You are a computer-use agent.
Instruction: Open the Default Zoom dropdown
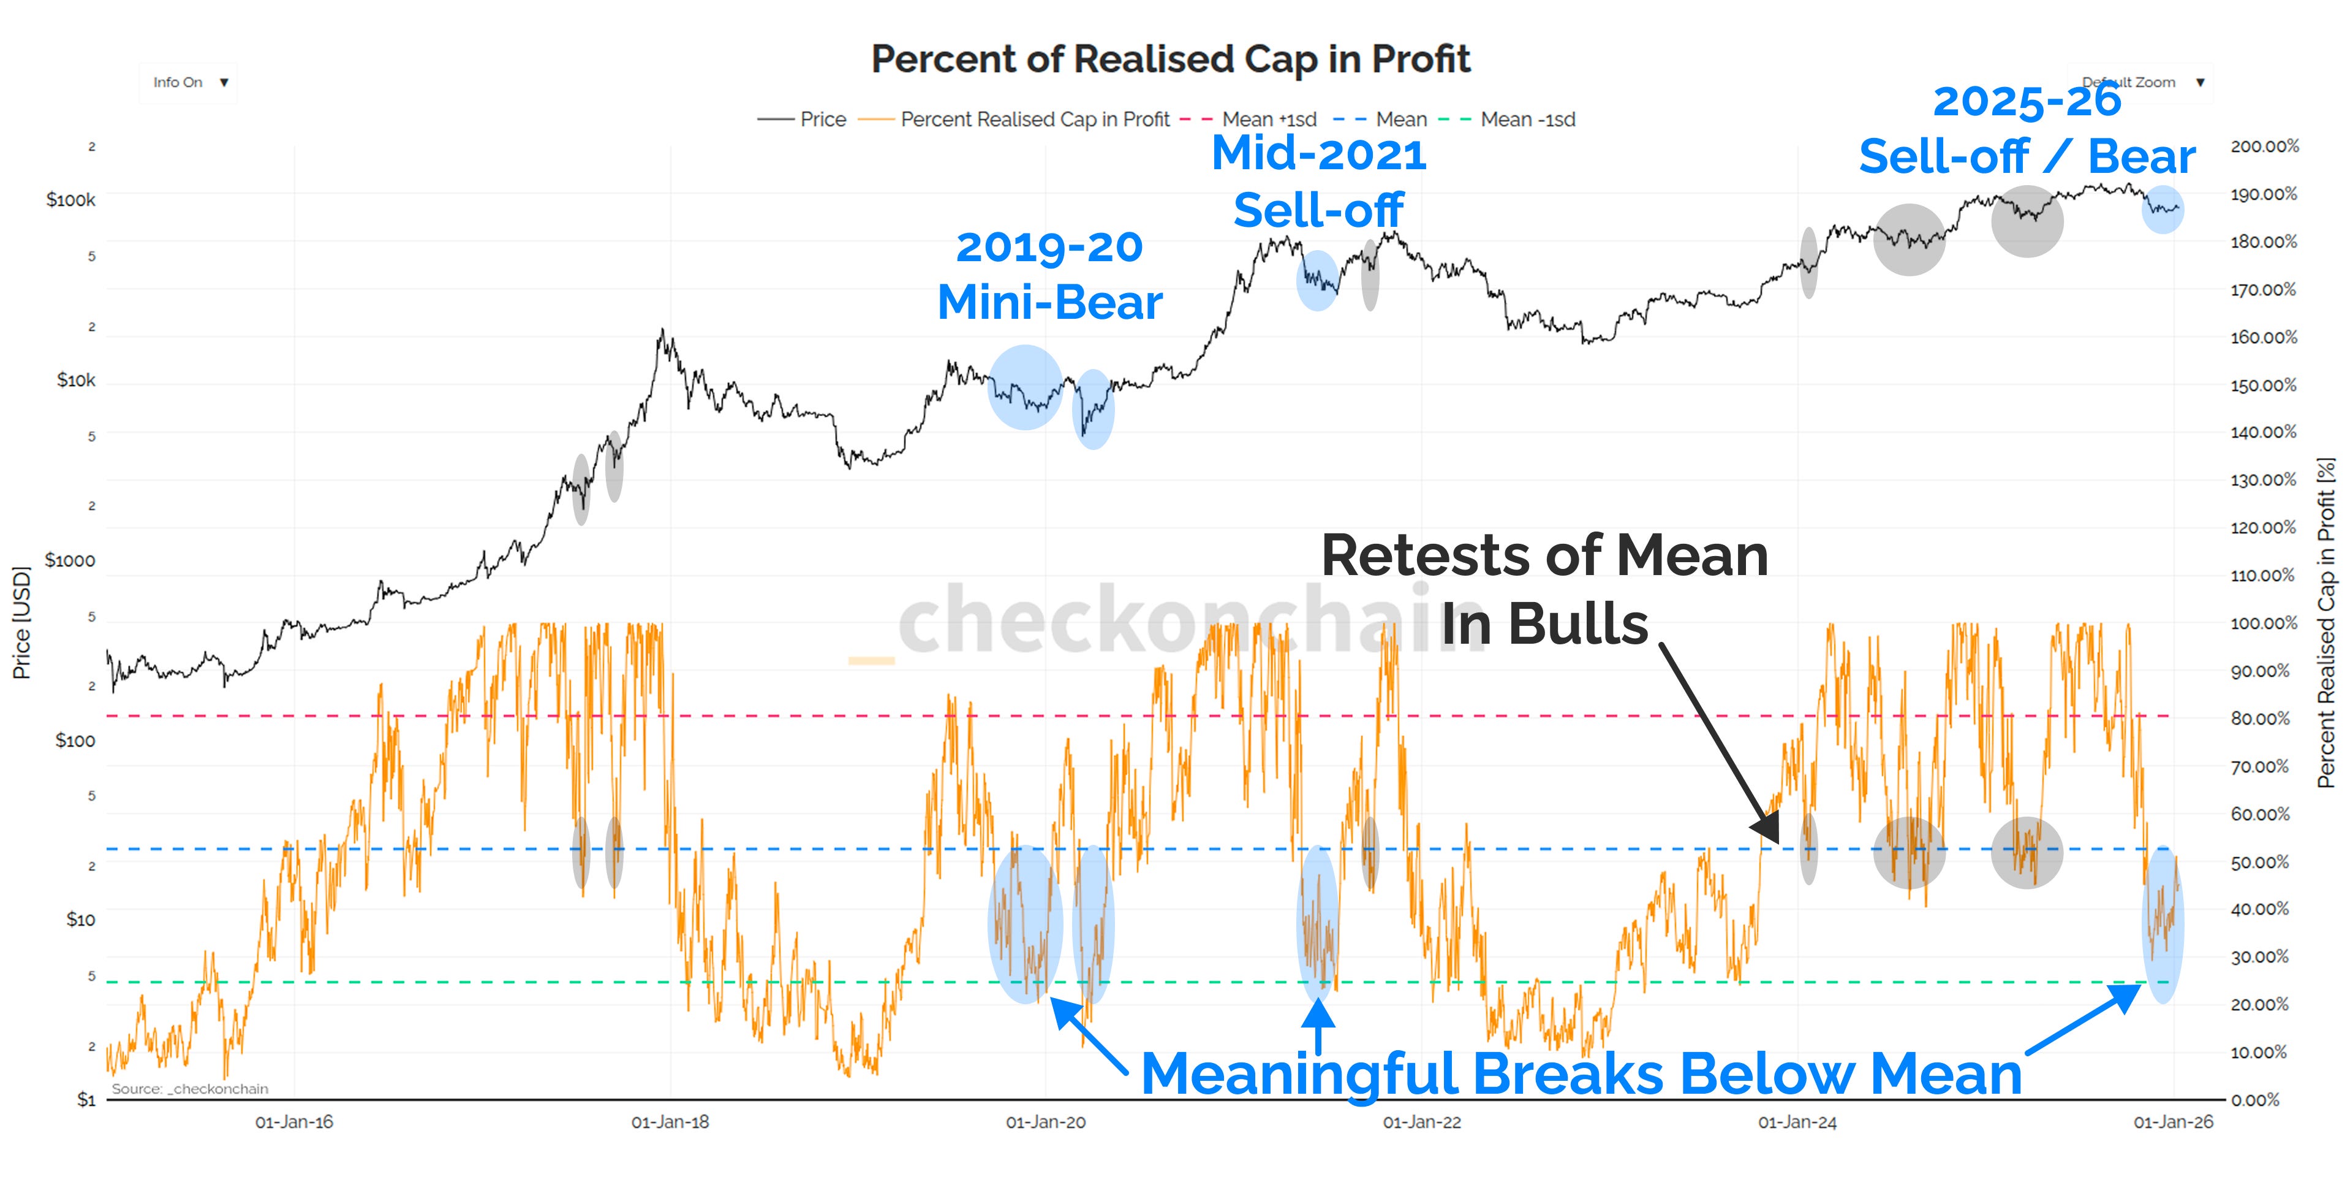click(2139, 82)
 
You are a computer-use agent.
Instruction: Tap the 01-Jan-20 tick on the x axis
click(1046, 1123)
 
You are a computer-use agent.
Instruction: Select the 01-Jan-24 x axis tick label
click(1797, 1123)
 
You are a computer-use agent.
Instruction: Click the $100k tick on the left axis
click(71, 200)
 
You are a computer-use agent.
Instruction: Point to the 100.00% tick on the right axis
click(2264, 623)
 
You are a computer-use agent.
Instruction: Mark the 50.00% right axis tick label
click(2260, 861)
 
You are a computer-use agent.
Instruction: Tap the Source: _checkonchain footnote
click(190, 1088)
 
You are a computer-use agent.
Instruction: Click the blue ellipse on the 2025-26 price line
click(2162, 209)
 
